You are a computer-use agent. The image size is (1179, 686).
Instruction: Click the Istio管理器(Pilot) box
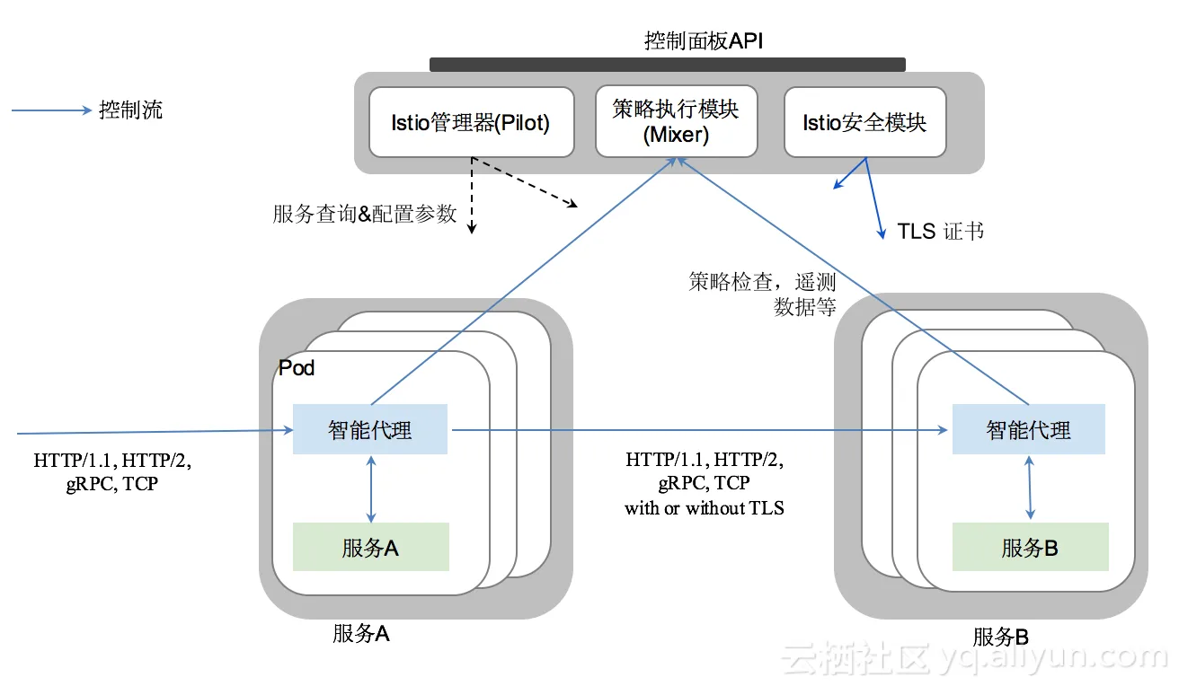tap(471, 122)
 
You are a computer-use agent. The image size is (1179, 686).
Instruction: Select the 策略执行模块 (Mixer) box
tap(676, 122)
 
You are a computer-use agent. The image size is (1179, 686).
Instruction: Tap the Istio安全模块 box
tap(864, 122)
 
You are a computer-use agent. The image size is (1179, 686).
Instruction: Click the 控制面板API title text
tap(704, 41)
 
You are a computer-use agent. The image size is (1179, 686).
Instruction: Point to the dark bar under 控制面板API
tap(667, 65)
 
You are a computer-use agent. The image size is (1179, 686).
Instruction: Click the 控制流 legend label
tap(130, 110)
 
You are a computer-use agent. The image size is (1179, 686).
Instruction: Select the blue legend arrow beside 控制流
tap(51, 111)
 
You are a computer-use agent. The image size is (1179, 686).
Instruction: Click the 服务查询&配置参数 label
tap(365, 214)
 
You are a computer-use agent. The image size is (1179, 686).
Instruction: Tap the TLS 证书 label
tap(940, 232)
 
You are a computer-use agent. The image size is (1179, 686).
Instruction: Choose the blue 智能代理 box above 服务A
tap(370, 430)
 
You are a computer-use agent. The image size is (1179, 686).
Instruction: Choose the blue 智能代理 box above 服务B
tap(1028, 430)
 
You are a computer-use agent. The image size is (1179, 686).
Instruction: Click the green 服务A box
tap(370, 548)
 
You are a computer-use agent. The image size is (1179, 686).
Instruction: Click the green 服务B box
tap(1030, 548)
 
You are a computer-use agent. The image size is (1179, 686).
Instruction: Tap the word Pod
tap(297, 368)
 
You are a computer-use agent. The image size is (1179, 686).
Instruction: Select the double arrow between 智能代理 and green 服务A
tap(371, 488)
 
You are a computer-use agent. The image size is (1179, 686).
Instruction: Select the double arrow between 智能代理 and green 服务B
tap(1030, 488)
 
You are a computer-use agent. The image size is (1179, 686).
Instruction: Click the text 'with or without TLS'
tap(705, 508)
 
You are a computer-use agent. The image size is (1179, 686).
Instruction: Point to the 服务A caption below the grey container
tap(360, 634)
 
